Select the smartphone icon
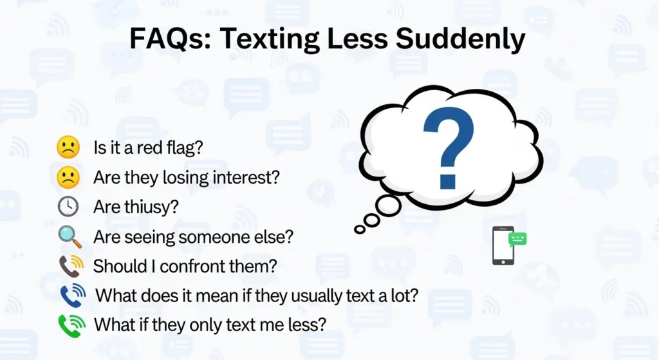(x=502, y=245)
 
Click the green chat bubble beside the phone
(x=517, y=240)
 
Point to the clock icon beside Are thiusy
(x=68, y=207)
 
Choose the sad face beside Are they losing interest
(x=68, y=178)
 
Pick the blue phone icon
(x=71, y=296)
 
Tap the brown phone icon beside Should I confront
(x=70, y=266)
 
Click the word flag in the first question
(x=187, y=147)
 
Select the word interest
(x=248, y=178)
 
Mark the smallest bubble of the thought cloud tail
(x=359, y=229)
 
